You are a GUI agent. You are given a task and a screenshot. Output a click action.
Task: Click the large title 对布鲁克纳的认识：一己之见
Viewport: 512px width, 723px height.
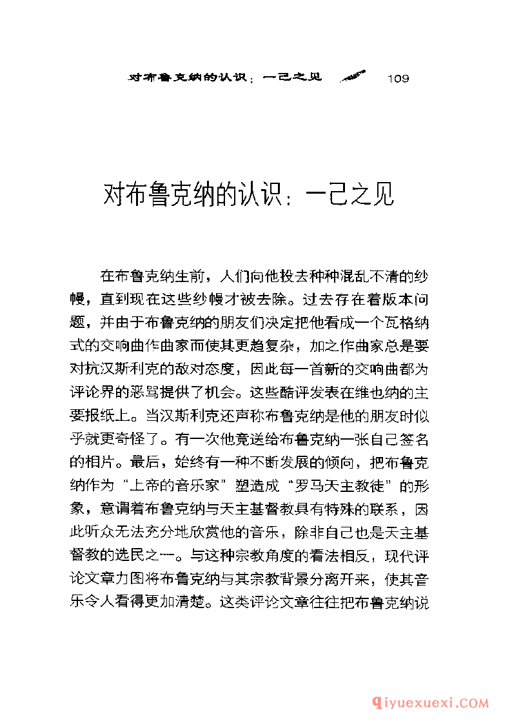[x=248, y=196]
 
